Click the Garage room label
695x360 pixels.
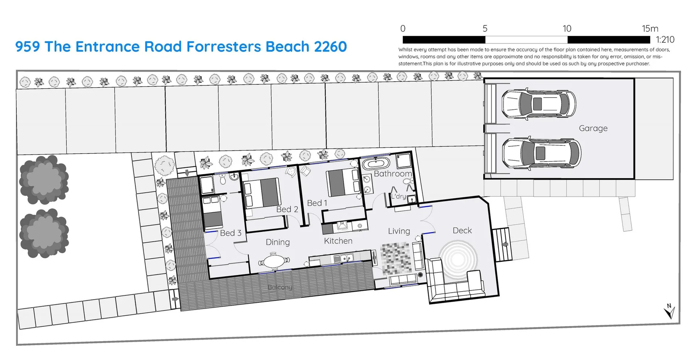pyautogui.click(x=593, y=128)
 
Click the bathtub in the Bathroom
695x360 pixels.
pyautogui.click(x=376, y=163)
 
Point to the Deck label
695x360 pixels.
pyautogui.click(x=462, y=230)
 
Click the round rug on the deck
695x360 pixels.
pyautogui.click(x=458, y=259)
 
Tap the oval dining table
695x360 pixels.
pyautogui.click(x=274, y=261)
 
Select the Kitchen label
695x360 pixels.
pyautogui.click(x=338, y=241)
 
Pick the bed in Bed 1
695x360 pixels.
pyautogui.click(x=342, y=183)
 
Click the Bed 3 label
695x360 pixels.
pyautogui.click(x=231, y=233)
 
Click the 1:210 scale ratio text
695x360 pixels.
pyautogui.click(x=665, y=39)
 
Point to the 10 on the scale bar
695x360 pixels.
pyautogui.click(x=567, y=29)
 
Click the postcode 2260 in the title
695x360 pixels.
pyautogui.click(x=330, y=47)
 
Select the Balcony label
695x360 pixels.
pyautogui.click(x=280, y=287)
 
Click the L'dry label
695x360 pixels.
pyautogui.click(x=399, y=196)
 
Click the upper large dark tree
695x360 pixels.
pyautogui.click(x=44, y=179)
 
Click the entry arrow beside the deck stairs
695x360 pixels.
pyautogui.click(x=505, y=244)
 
